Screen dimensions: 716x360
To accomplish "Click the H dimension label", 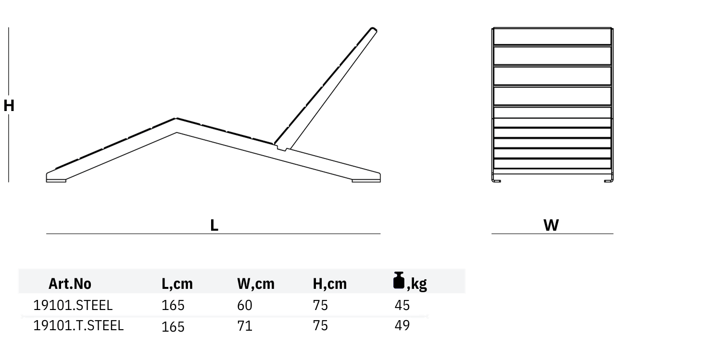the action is pyautogui.click(x=9, y=106).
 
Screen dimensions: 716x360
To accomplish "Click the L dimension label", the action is pyautogui.click(x=214, y=225).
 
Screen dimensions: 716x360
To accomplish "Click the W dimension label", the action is pyautogui.click(x=551, y=225).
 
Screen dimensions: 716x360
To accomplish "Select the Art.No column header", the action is pyautogui.click(x=70, y=284).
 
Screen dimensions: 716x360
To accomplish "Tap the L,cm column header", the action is pyautogui.click(x=177, y=284).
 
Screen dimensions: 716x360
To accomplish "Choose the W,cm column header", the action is pyautogui.click(x=256, y=284).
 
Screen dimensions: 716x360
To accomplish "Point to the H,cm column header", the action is pyautogui.click(x=329, y=284).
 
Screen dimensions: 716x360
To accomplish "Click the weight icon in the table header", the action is pyautogui.click(x=399, y=281).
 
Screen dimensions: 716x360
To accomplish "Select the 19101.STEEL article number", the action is pyautogui.click(x=73, y=305).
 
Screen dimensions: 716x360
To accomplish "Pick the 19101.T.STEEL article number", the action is pyautogui.click(x=78, y=325).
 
